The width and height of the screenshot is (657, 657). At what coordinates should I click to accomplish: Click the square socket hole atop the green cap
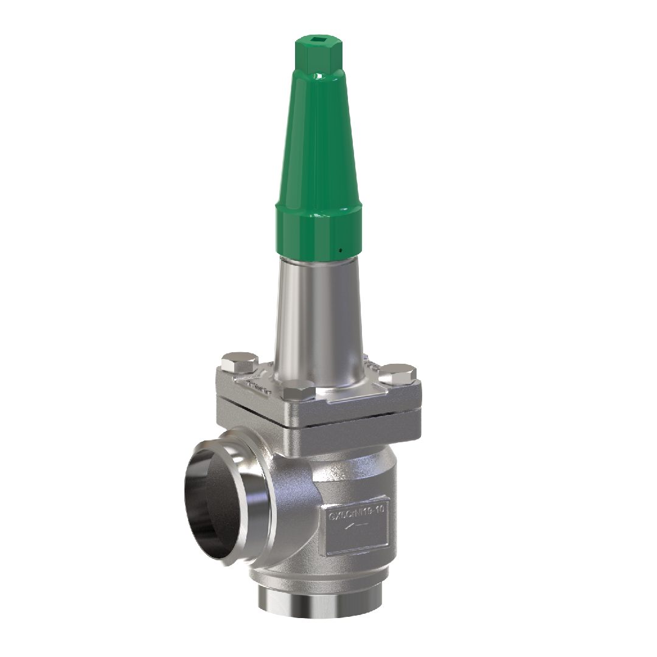coord(318,43)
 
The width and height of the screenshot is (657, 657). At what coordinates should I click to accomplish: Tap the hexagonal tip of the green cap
coord(318,55)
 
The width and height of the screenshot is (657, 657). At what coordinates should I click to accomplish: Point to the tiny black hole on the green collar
coord(341,249)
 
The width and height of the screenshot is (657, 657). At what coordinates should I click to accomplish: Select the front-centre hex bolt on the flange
coord(298,389)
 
